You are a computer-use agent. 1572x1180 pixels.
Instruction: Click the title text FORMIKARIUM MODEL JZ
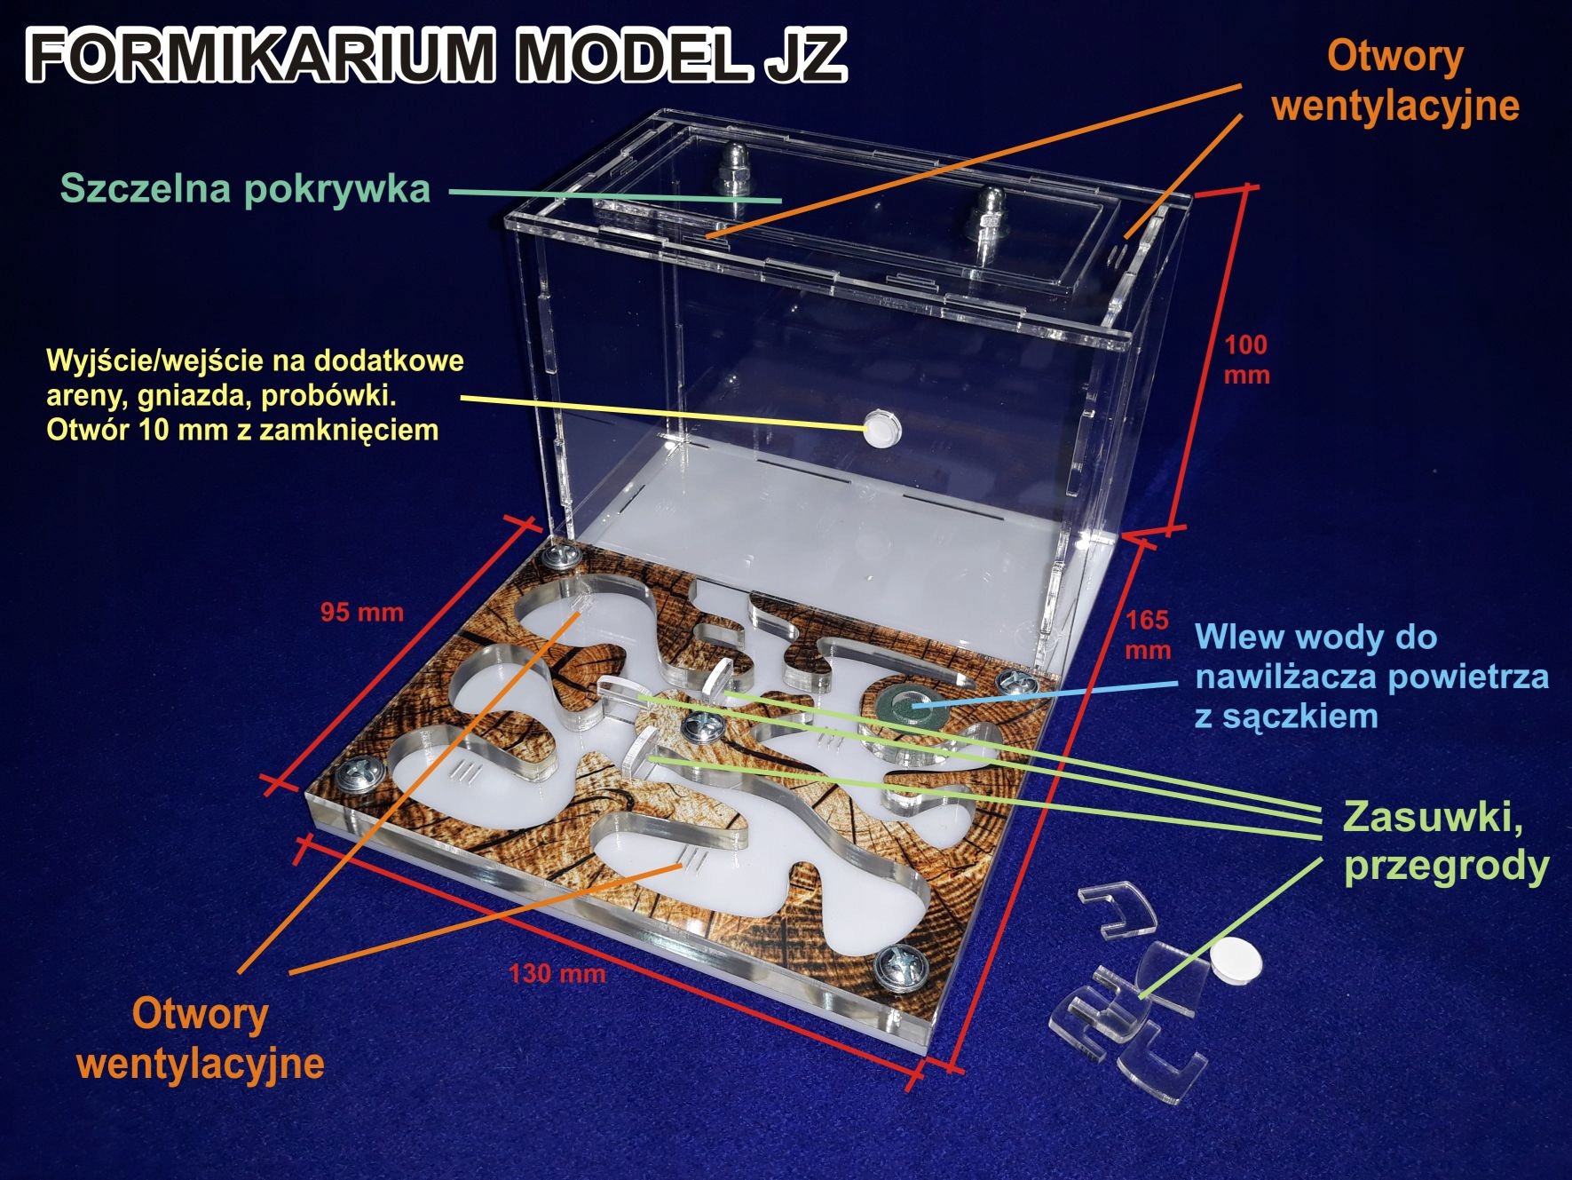click(x=435, y=55)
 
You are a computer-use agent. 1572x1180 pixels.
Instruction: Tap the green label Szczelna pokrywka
click(x=245, y=189)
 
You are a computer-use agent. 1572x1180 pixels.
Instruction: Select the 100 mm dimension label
click(x=1246, y=359)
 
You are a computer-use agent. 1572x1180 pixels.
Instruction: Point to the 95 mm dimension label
click(x=361, y=612)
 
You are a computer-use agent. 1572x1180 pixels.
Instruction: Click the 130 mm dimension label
click(x=557, y=973)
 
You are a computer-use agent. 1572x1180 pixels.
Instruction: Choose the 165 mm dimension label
click(x=1148, y=634)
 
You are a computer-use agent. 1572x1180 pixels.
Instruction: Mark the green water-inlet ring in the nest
click(x=906, y=706)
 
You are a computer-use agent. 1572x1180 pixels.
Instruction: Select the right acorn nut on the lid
click(x=987, y=213)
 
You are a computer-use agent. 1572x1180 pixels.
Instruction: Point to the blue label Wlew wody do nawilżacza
click(x=1371, y=677)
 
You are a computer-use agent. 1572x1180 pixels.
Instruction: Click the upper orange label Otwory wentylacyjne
click(x=1394, y=81)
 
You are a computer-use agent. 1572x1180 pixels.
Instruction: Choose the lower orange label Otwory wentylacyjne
click(x=201, y=1038)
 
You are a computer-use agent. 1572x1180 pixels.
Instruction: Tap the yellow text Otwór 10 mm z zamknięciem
click(x=242, y=431)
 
